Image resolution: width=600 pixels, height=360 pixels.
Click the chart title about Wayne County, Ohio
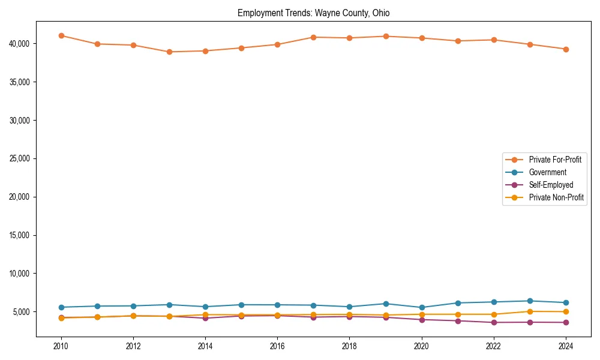click(313, 13)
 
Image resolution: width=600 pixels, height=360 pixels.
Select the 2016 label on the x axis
click(277, 346)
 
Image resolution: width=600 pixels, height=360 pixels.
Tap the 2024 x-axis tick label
click(566, 346)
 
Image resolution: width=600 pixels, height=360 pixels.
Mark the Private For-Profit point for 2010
click(61, 35)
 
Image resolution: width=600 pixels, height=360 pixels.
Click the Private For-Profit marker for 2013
click(169, 52)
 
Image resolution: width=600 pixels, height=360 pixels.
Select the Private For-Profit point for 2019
click(386, 36)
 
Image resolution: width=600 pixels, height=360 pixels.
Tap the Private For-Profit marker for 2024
click(566, 49)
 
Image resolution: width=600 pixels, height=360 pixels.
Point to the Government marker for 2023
click(530, 301)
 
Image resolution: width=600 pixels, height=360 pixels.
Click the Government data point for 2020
click(422, 307)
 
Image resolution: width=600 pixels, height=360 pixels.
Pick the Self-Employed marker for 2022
click(494, 322)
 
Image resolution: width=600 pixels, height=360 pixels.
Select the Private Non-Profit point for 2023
click(530, 311)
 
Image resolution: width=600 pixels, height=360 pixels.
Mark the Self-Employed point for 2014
click(205, 318)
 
